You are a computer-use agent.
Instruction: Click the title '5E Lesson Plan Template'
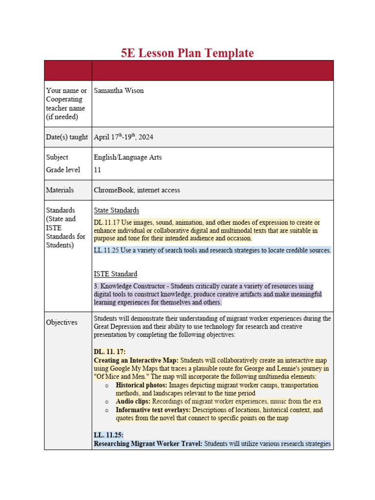pyautogui.click(x=187, y=53)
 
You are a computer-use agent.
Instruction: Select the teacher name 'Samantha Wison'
pyautogui.click(x=119, y=91)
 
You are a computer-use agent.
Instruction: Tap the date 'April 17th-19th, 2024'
pyautogui.click(x=124, y=137)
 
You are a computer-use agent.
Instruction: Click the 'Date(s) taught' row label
pyautogui.click(x=67, y=137)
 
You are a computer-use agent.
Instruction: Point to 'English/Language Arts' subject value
pyautogui.click(x=127, y=157)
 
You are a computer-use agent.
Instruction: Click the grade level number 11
pyautogui.click(x=97, y=170)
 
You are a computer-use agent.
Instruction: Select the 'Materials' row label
pyautogui.click(x=60, y=190)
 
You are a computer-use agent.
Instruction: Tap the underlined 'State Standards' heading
pyautogui.click(x=116, y=210)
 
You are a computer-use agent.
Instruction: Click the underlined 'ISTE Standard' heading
pyautogui.click(x=115, y=274)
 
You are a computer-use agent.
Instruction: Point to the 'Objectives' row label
pyautogui.click(x=62, y=322)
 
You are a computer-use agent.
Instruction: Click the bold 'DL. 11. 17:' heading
pyautogui.click(x=110, y=352)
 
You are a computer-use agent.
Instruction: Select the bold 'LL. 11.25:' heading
pyautogui.click(x=108, y=435)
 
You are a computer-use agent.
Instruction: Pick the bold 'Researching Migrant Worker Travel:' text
pyautogui.click(x=148, y=444)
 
